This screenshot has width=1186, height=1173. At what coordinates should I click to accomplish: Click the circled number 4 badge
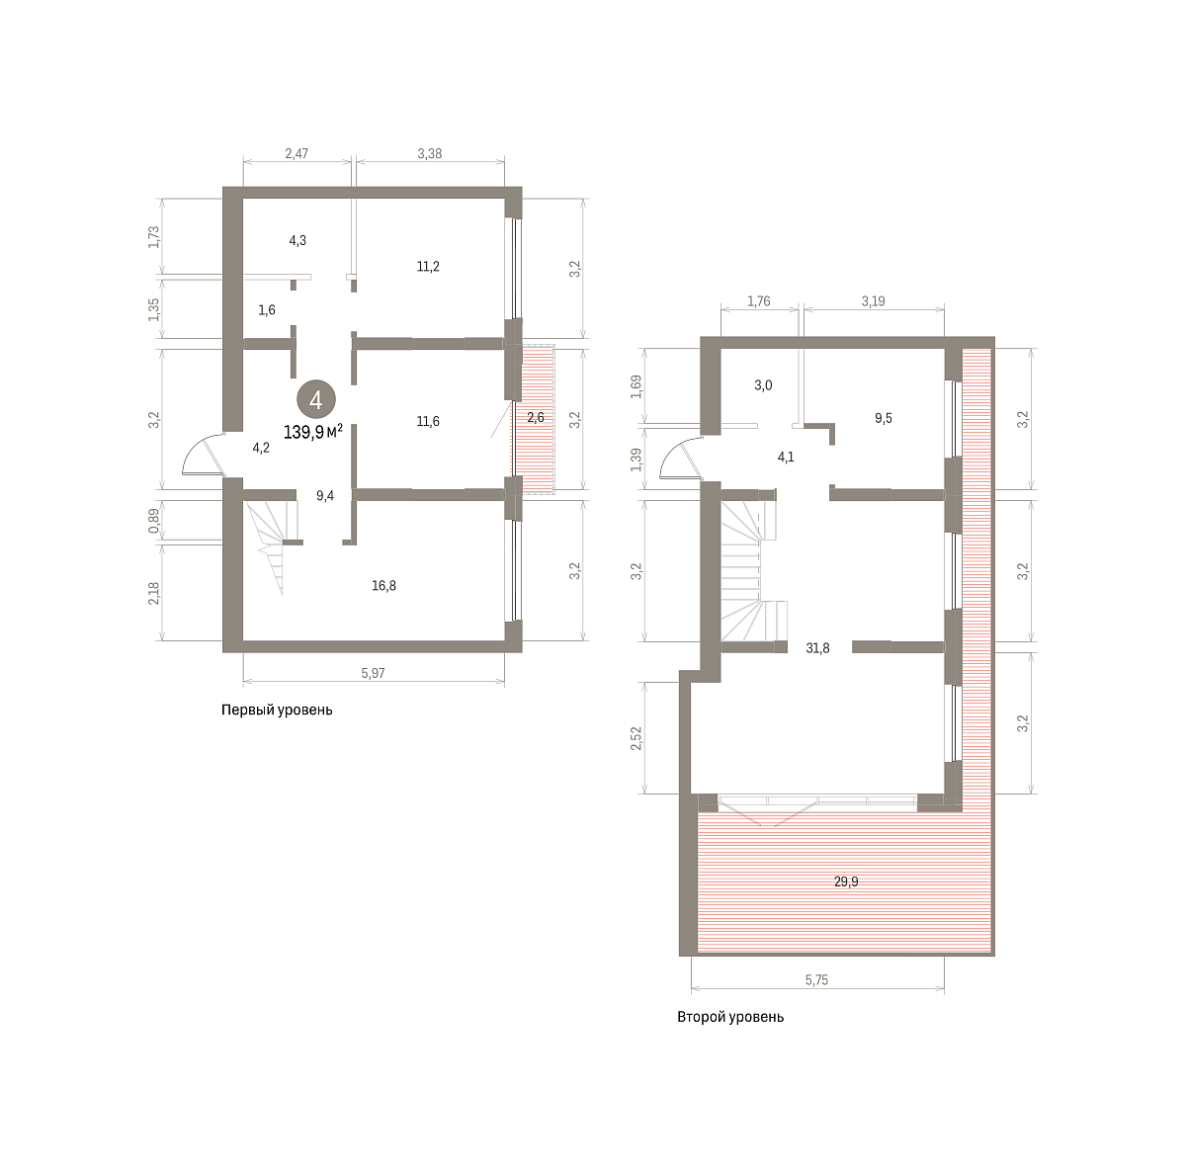click(x=315, y=400)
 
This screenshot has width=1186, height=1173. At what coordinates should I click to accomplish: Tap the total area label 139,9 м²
click(x=312, y=432)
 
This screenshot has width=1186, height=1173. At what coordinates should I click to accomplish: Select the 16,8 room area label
click(x=383, y=585)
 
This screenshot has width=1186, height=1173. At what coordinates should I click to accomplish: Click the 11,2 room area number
click(x=428, y=267)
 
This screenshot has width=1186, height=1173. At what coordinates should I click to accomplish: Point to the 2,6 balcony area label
click(x=536, y=418)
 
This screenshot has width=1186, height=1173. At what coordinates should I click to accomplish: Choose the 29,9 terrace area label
click(x=846, y=881)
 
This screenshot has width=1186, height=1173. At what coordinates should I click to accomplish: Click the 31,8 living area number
click(x=817, y=648)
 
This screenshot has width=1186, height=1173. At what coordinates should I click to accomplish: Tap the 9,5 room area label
click(x=883, y=418)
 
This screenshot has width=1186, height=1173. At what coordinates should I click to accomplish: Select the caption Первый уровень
click(x=277, y=711)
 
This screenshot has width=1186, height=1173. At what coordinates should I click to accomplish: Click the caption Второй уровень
click(x=730, y=1017)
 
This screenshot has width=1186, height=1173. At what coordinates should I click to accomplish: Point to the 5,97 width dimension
click(x=373, y=673)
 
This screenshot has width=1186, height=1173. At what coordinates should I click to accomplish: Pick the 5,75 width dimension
click(x=816, y=980)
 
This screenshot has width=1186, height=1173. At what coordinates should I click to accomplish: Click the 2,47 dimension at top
click(x=296, y=153)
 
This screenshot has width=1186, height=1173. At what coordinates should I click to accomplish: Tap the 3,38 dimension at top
click(x=430, y=153)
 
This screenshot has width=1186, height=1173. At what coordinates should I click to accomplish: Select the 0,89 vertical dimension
click(x=154, y=521)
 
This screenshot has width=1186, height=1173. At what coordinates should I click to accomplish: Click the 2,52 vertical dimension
click(x=635, y=738)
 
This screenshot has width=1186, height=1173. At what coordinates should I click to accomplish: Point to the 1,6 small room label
click(x=267, y=309)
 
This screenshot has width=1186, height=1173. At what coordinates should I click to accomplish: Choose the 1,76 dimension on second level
click(x=759, y=301)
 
